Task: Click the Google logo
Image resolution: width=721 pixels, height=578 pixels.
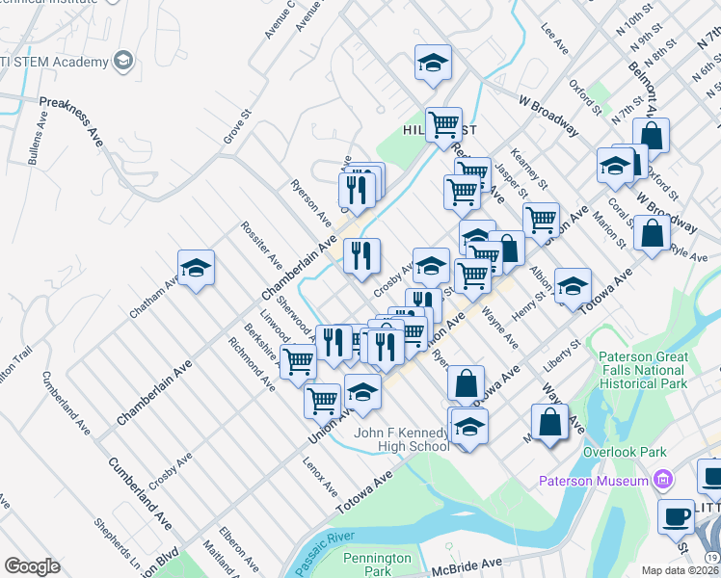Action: tap(32, 566)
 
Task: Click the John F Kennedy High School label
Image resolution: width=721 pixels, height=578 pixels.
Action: tap(401, 439)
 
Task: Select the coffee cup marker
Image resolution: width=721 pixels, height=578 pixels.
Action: tap(677, 516)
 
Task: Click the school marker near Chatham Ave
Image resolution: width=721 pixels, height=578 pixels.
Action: tap(196, 269)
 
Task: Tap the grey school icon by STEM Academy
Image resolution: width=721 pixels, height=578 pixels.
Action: tap(122, 62)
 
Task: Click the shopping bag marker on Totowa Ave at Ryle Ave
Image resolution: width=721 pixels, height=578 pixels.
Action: tap(653, 234)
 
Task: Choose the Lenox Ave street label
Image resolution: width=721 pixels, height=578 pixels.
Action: tap(319, 474)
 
